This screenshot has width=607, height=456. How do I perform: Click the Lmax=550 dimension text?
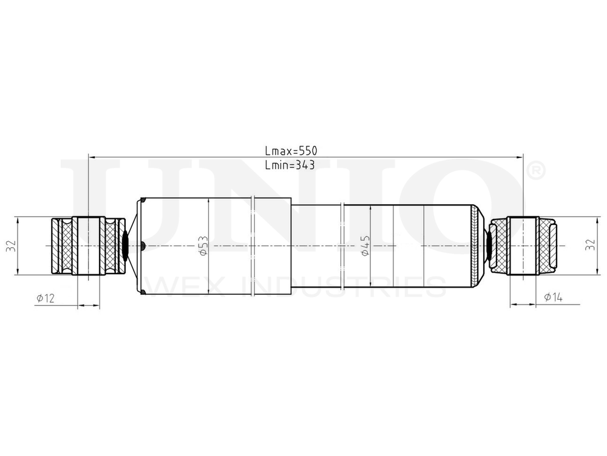click(291, 150)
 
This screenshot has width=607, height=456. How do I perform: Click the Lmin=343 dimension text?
click(290, 165)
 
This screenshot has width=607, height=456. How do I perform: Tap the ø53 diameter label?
click(203, 246)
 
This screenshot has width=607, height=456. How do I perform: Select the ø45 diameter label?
click(365, 246)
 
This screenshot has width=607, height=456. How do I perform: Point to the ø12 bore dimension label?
click(46, 297)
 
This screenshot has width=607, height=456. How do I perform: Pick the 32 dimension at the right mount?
click(589, 246)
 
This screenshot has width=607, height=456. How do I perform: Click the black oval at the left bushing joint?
click(126, 246)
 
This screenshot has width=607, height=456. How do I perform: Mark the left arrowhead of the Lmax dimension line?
click(92, 157)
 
